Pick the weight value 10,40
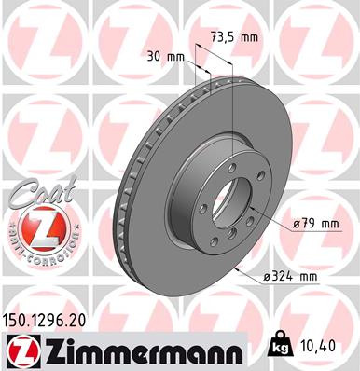pyautogui.click(x=320, y=346)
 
